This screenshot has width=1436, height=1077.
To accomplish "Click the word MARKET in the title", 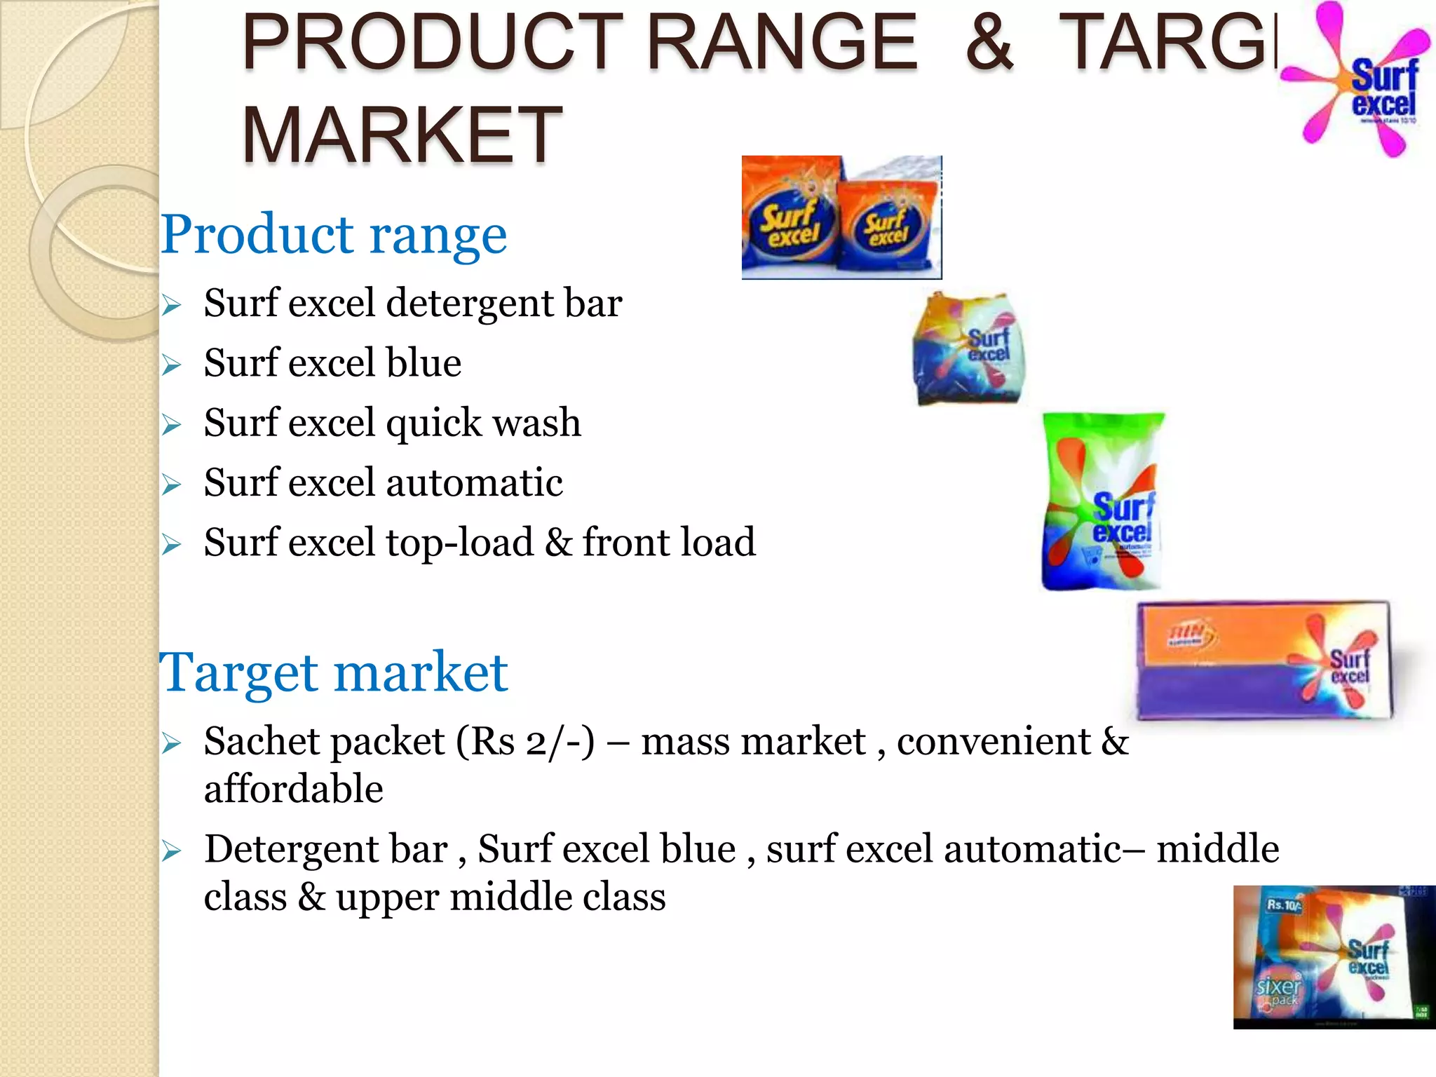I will (x=402, y=135).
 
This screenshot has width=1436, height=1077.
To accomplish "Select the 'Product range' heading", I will (x=334, y=234).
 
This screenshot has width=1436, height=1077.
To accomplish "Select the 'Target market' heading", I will (x=334, y=672).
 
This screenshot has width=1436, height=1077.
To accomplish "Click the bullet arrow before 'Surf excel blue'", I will (x=171, y=365).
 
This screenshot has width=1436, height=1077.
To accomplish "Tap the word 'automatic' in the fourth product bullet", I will (x=474, y=482).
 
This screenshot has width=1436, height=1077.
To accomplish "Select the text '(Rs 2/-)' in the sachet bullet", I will (x=525, y=741).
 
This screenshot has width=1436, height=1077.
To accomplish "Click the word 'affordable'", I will (x=294, y=789).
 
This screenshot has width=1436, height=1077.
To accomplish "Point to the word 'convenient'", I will (x=994, y=741).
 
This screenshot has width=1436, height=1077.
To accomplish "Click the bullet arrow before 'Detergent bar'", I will (x=171, y=851).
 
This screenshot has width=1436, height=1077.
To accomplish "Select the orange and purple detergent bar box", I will (x=1262, y=661).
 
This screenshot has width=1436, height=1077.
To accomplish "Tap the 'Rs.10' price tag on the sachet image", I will (x=1283, y=905).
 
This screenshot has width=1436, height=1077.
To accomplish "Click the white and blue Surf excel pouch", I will (x=969, y=348).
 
